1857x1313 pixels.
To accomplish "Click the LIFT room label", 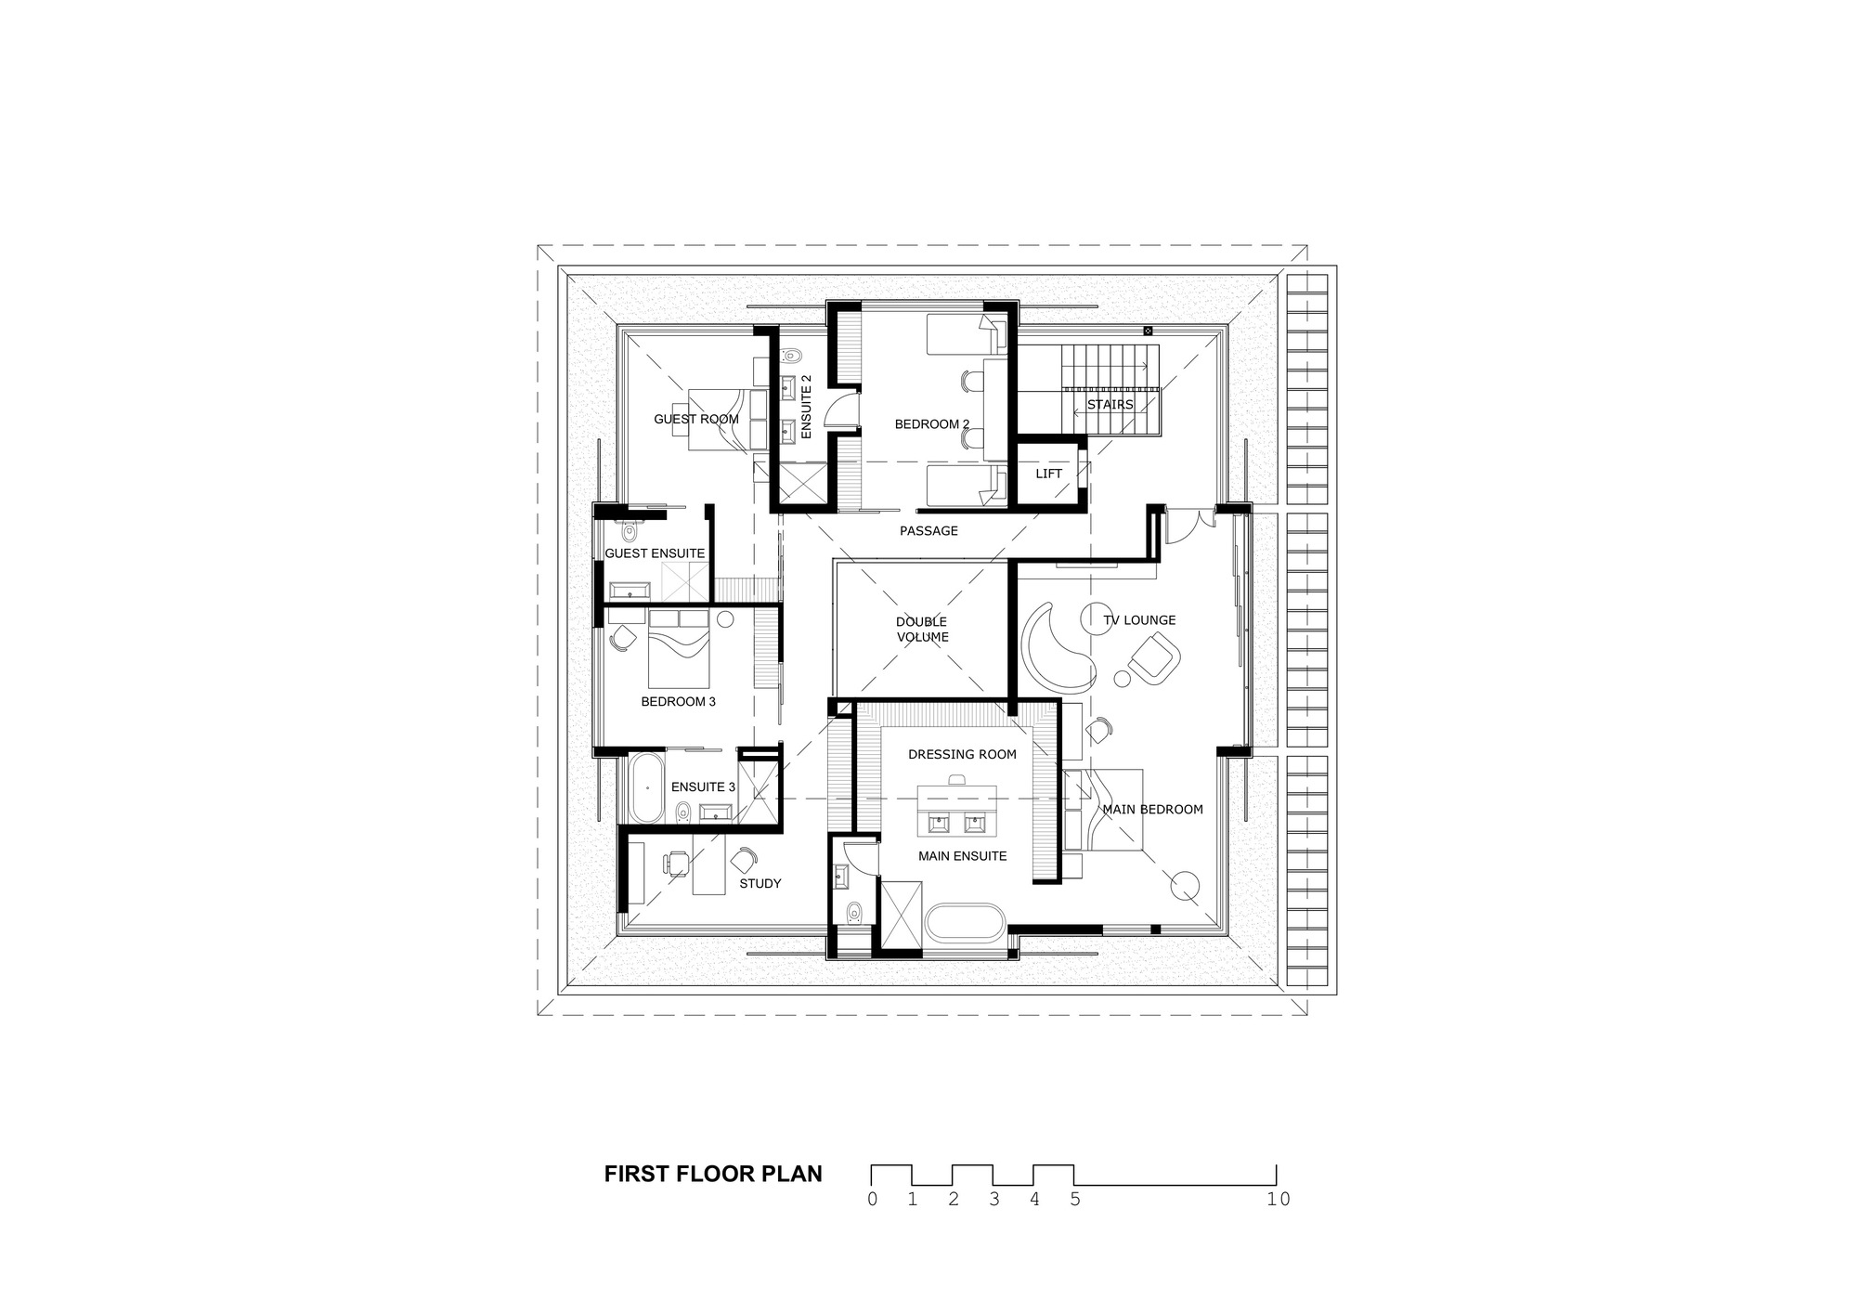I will pyautogui.click(x=1048, y=474).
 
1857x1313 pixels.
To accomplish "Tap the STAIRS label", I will pyautogui.click(x=1110, y=405).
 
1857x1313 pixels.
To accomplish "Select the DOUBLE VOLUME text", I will pyautogui.click(x=922, y=630).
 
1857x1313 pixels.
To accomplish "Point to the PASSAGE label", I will pyautogui.click(x=928, y=531).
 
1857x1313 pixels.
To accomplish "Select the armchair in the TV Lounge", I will pyautogui.click(x=1153, y=656).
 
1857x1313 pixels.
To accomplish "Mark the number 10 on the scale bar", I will pyautogui.click(x=1278, y=1199).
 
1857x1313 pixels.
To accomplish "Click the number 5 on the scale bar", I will pyautogui.click(x=1075, y=1199).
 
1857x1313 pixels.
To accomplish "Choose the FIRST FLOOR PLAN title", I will pyautogui.click(x=713, y=1174).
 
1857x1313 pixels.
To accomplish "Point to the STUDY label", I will pyautogui.click(x=760, y=883).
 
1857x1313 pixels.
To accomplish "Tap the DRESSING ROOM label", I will pyautogui.click(x=962, y=754).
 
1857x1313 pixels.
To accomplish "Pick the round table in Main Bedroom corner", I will pyautogui.click(x=1185, y=886).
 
